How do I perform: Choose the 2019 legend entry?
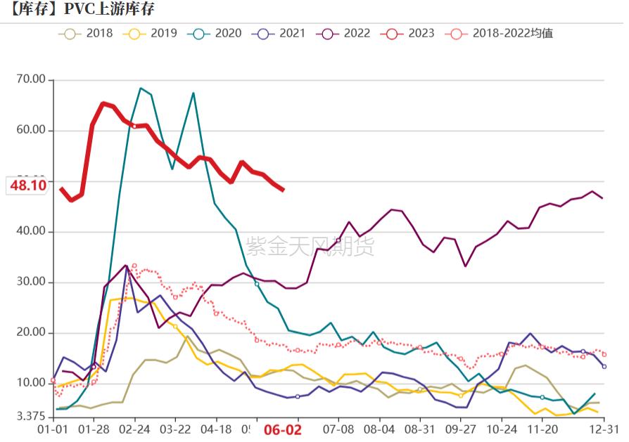coord(156,33)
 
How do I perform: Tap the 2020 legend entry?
coord(220,33)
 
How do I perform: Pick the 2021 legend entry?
coord(284,33)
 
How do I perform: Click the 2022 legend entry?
coord(350,33)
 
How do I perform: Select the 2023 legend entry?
coord(414,33)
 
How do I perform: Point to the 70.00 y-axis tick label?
coord(30,79)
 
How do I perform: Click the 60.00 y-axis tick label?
coord(30,130)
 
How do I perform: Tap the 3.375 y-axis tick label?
coord(30,417)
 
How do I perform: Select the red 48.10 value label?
coord(27,186)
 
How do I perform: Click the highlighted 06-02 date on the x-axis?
coord(282,430)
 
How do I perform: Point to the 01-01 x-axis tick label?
coord(53,429)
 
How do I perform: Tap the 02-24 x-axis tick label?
coord(134,429)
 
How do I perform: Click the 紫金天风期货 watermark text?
coord(310,246)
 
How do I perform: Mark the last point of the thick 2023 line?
coord(283,190)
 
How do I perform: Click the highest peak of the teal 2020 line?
coord(141,89)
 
